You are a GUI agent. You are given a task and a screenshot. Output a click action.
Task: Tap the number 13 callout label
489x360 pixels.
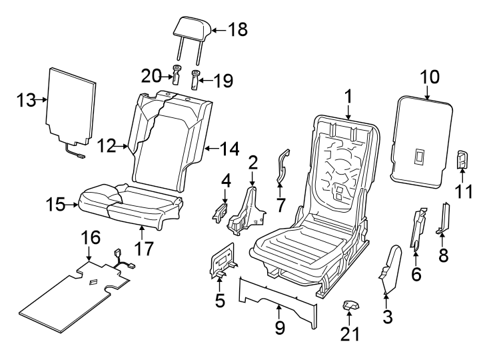coord(27,100)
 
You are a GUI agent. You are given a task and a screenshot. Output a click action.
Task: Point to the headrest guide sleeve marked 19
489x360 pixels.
coord(197,81)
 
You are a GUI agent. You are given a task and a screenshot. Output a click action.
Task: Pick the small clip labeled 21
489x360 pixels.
coord(350,305)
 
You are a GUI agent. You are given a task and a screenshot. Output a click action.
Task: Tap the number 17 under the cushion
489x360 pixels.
coord(144,249)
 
